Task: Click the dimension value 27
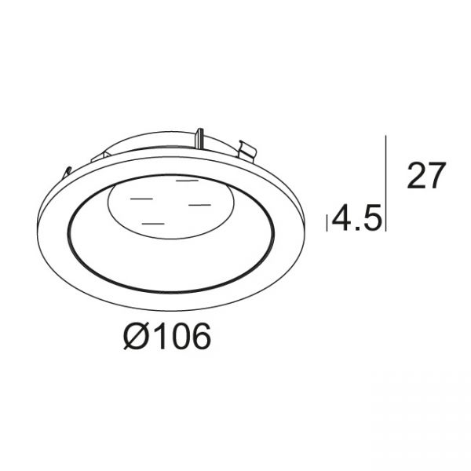(x=426, y=176)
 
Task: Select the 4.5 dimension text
(x=357, y=217)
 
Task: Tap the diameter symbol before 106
(x=136, y=336)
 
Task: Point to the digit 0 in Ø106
(x=178, y=336)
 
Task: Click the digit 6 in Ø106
(x=200, y=336)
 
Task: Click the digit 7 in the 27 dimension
(x=436, y=176)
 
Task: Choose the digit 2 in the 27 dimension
(x=416, y=176)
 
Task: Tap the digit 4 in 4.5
(x=341, y=217)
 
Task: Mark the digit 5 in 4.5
(x=373, y=217)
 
